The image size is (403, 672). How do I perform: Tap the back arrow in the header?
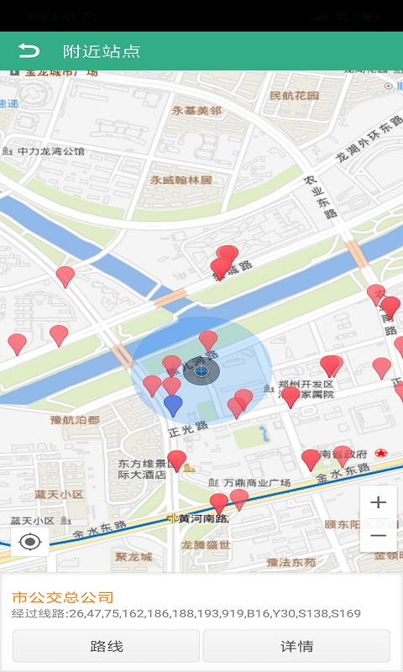[29, 50]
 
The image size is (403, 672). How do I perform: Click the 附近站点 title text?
[101, 51]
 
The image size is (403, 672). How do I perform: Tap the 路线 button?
[106, 646]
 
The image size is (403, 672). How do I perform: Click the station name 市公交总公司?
[62, 597]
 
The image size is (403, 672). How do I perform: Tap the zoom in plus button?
[378, 502]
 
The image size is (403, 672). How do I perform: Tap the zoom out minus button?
[378, 535]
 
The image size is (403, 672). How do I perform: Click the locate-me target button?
[30, 542]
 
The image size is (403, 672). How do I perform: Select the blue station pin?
[173, 405]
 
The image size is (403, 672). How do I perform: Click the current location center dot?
[201, 370]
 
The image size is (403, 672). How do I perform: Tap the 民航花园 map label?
[295, 96]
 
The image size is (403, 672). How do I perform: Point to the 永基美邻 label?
[197, 111]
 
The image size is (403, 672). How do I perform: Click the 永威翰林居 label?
[181, 180]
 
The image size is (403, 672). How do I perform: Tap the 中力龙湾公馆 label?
[51, 152]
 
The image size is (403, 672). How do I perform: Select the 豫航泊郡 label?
[75, 420]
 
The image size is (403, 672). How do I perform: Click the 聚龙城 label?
[134, 556]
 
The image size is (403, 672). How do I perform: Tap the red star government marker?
[382, 453]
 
